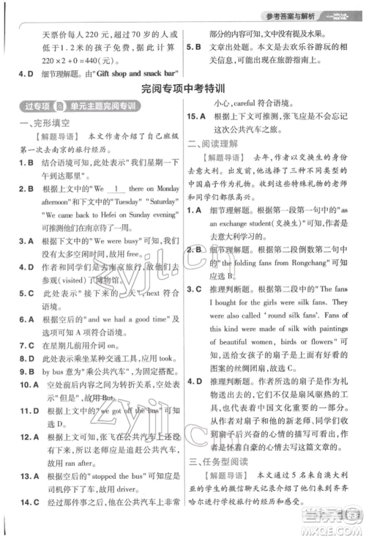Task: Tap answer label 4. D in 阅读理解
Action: coord(199,381)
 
